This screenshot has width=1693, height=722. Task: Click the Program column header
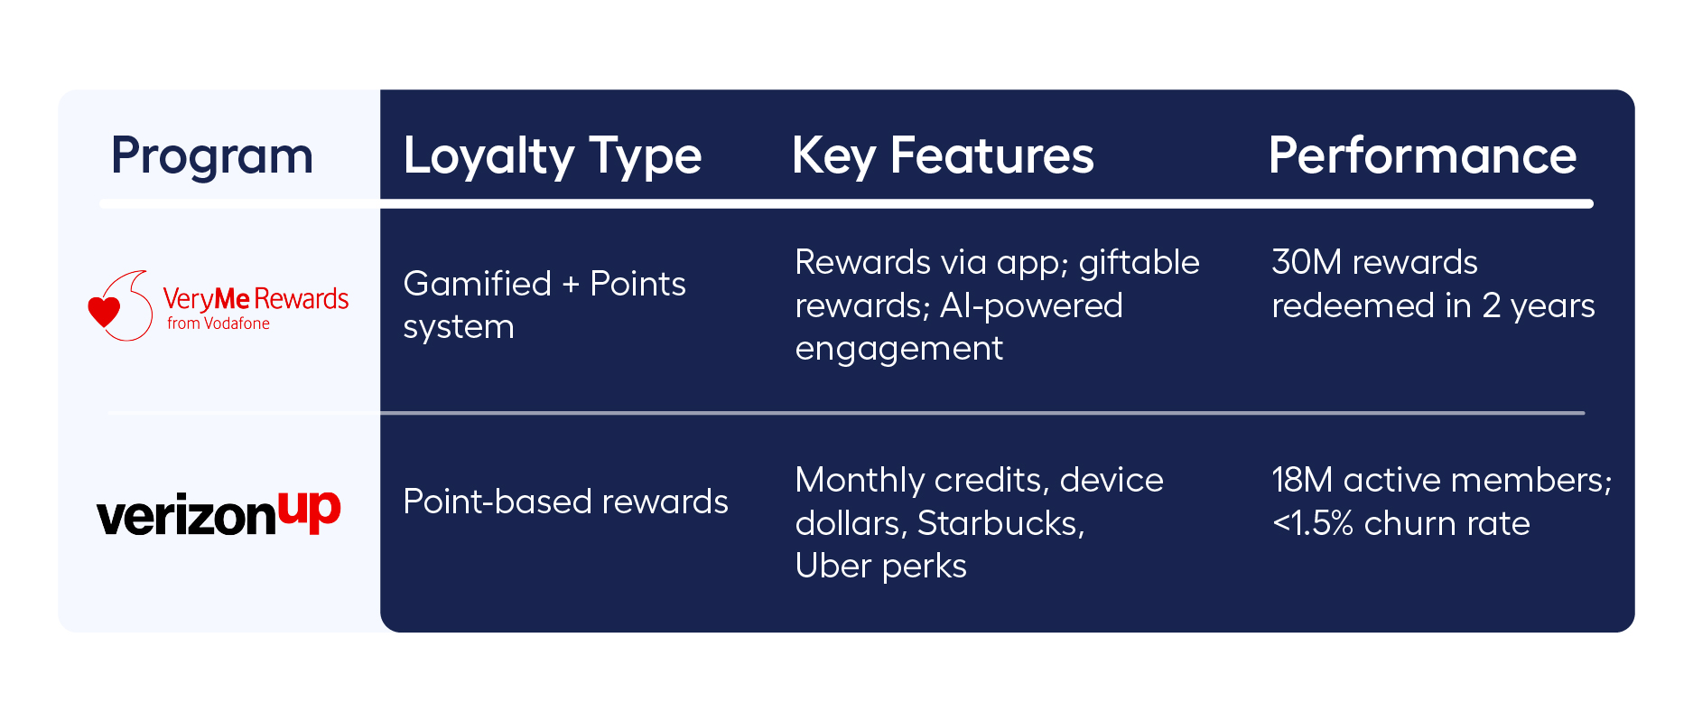pyautogui.click(x=212, y=156)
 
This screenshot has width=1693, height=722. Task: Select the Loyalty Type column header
pyautogui.click(x=552, y=156)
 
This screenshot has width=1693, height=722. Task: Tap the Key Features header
pyautogui.click(x=942, y=156)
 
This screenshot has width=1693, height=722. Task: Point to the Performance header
pyautogui.click(x=1422, y=156)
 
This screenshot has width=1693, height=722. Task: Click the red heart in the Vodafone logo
pyautogui.click(x=104, y=312)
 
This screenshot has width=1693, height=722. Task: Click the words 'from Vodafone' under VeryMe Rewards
pyautogui.click(x=219, y=323)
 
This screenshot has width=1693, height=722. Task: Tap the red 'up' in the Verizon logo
pyautogui.click(x=309, y=511)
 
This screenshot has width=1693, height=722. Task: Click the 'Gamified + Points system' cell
pyautogui.click(x=544, y=305)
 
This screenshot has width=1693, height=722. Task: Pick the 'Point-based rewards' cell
pyautogui.click(x=565, y=502)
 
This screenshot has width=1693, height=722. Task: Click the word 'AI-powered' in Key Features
pyautogui.click(x=1031, y=305)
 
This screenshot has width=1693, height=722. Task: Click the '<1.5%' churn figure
pyautogui.click(x=1312, y=523)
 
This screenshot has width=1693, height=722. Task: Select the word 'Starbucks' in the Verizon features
pyautogui.click(x=1000, y=523)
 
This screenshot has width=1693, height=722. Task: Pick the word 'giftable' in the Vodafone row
pyautogui.click(x=1139, y=262)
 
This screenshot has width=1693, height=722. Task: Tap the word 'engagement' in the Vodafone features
pyautogui.click(x=898, y=349)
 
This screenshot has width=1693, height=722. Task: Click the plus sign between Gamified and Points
pyautogui.click(x=571, y=285)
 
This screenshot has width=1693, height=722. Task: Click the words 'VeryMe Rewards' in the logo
pyautogui.click(x=256, y=298)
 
